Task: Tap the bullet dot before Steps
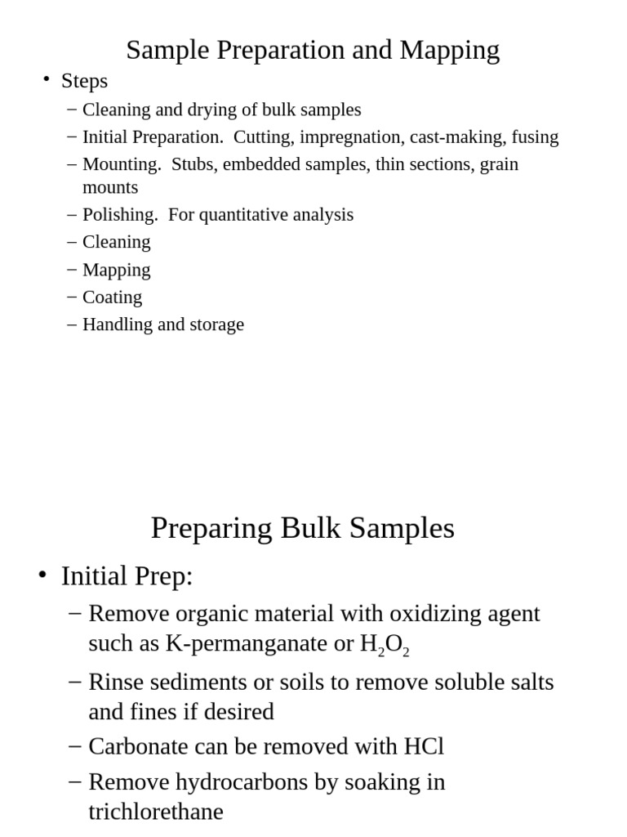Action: [x=47, y=79]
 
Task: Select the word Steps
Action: [x=84, y=81]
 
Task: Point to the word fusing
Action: [x=535, y=137]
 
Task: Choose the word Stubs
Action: [x=194, y=164]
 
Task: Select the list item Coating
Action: [x=112, y=298]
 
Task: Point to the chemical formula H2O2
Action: [x=385, y=645]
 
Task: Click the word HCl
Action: [x=424, y=746]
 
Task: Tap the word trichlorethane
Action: [x=156, y=812]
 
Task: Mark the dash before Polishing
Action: [x=73, y=215]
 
